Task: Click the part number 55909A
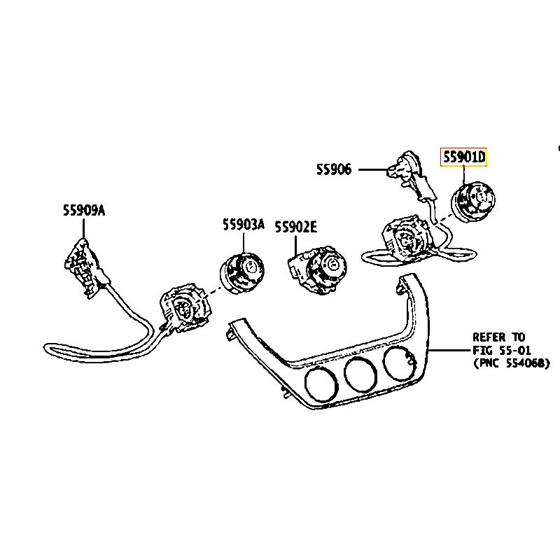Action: click(83, 209)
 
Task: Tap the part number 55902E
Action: click(295, 226)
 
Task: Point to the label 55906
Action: click(334, 169)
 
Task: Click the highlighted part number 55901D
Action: click(463, 158)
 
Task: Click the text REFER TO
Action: click(498, 337)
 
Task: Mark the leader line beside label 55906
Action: click(372, 169)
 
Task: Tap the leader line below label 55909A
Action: click(83, 227)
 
